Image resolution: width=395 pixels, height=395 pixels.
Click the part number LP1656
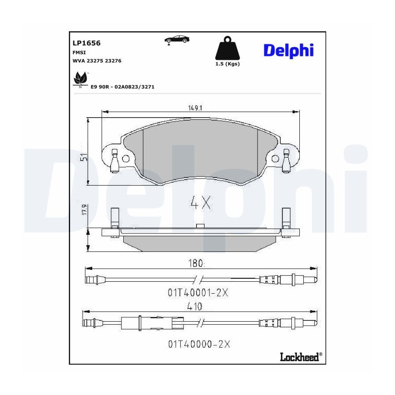point(86,43)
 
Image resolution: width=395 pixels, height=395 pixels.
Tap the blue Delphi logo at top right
point(288,51)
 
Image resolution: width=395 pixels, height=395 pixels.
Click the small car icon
point(177,39)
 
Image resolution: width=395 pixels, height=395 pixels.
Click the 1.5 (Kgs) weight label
point(227,64)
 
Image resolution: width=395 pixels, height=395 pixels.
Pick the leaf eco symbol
point(80,79)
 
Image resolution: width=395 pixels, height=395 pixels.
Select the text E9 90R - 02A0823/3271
point(122,87)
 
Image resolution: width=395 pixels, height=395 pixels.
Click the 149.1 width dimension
point(195,108)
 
